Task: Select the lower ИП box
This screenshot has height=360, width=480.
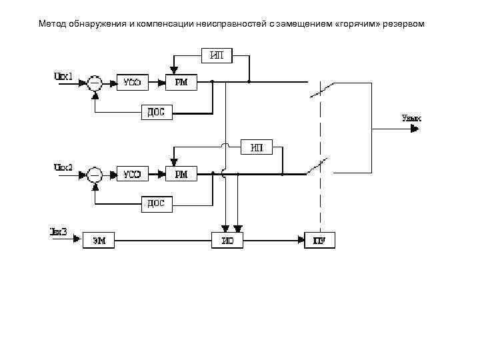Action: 256,148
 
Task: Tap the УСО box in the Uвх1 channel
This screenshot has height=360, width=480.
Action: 132,82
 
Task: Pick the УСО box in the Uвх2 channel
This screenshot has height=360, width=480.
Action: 132,175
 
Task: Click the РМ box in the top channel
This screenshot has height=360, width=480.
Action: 181,82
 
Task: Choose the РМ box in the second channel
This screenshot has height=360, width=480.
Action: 181,175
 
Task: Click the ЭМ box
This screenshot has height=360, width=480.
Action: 99,241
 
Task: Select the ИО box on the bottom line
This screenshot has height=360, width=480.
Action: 227,241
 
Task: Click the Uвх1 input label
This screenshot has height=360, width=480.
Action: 63,75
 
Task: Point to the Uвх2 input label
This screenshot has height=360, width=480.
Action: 63,167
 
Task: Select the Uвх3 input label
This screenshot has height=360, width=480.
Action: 58,231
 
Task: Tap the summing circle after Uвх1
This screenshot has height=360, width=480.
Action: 95,83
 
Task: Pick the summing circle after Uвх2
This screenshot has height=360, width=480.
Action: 95,175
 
